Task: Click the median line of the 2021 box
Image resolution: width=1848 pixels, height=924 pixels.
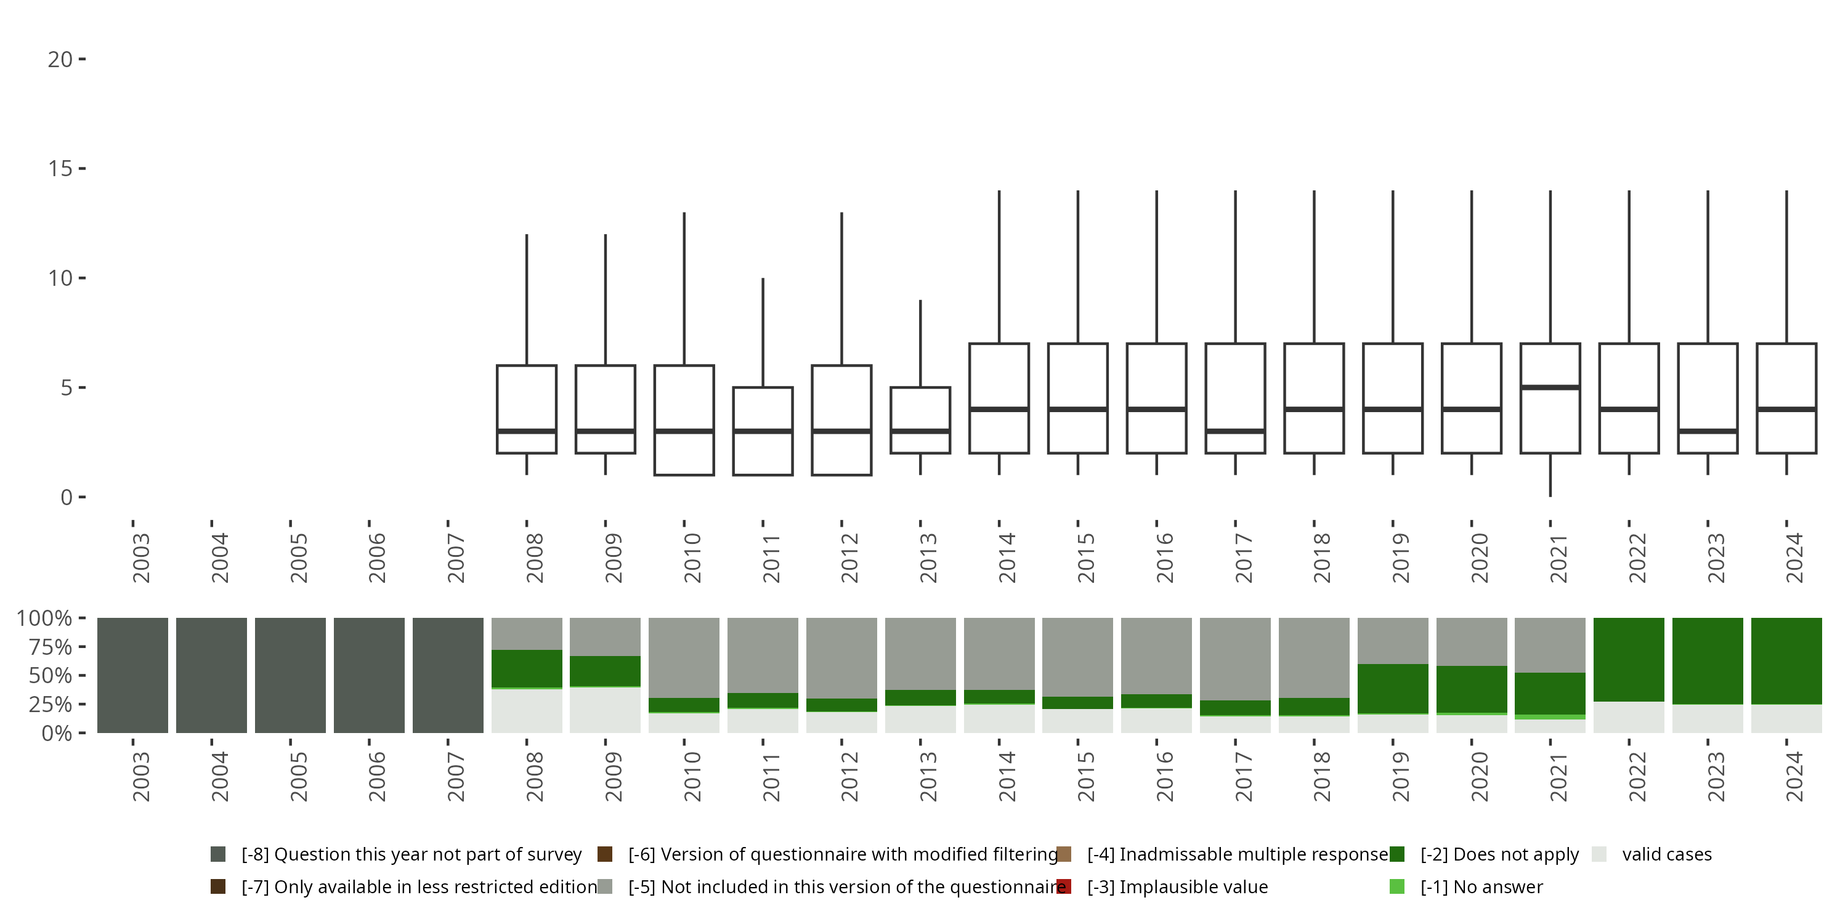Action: tap(1550, 387)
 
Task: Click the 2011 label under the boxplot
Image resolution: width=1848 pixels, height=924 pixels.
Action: tap(771, 558)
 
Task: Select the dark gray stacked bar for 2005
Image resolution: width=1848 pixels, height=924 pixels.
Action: tap(290, 675)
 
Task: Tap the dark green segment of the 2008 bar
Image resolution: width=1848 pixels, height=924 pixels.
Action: tap(527, 668)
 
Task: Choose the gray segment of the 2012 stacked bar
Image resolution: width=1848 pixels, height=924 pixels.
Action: tap(841, 658)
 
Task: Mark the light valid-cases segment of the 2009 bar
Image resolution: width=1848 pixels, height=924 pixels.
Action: tap(605, 710)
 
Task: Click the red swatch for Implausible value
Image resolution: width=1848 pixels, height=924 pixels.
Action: tap(1064, 886)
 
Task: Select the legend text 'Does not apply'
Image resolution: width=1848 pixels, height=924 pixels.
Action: tap(1499, 854)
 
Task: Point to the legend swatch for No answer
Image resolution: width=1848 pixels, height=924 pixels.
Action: tap(1396, 886)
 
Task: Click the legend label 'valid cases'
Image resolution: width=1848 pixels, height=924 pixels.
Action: tap(1666, 854)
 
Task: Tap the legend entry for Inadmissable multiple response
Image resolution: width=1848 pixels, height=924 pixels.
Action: tap(1237, 854)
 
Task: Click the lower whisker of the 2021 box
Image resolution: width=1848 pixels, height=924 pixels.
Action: tap(1550, 475)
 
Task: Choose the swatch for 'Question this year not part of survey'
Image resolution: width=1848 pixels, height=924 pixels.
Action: tap(218, 854)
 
